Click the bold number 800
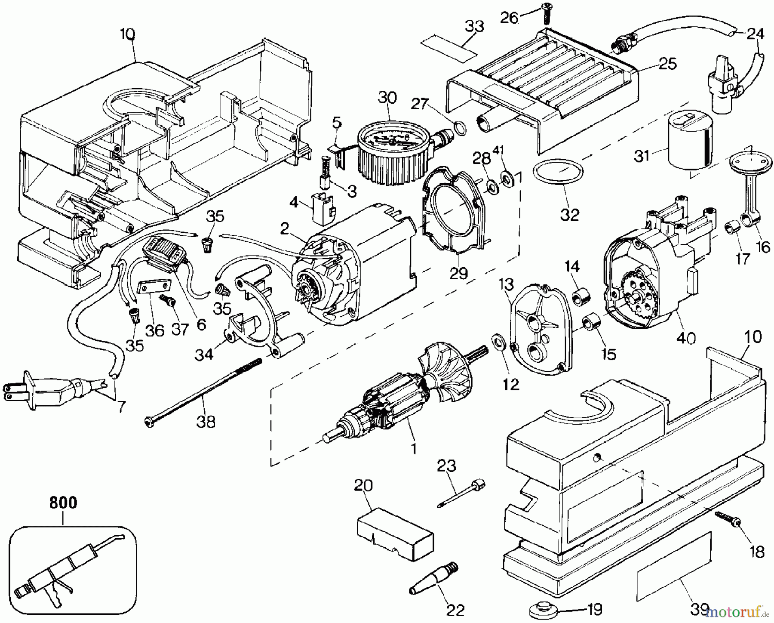pyautogui.click(x=63, y=503)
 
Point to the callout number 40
pyautogui.click(x=685, y=339)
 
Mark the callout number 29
pyautogui.click(x=458, y=273)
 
